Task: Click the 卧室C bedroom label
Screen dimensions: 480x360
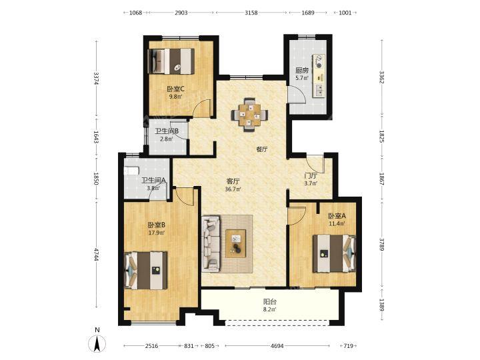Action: pos(175,89)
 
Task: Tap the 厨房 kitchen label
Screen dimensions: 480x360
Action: pos(302,71)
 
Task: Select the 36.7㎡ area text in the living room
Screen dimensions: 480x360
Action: pos(233,189)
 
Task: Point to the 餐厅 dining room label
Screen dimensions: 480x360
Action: pos(262,149)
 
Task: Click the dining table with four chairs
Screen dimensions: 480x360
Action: pos(249,115)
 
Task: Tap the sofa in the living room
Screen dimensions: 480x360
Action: pos(211,243)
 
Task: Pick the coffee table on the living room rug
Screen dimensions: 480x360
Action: pos(236,243)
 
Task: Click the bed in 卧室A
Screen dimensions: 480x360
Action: pos(334,253)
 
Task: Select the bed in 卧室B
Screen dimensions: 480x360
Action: pos(146,270)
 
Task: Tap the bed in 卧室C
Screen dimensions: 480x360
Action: pos(171,61)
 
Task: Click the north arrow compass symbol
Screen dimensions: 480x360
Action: pos(97,341)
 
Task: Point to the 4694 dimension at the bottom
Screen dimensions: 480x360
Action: pos(277,346)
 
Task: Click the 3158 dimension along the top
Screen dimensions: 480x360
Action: pos(251,13)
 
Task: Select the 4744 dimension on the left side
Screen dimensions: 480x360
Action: pos(97,255)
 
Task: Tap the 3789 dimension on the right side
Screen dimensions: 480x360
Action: pos(382,244)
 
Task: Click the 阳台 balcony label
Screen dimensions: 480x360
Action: pos(270,301)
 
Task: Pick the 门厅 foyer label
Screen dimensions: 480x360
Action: pos(311,176)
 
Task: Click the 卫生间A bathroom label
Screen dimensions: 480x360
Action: pos(153,181)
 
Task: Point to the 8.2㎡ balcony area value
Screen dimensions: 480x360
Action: pos(270,309)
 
